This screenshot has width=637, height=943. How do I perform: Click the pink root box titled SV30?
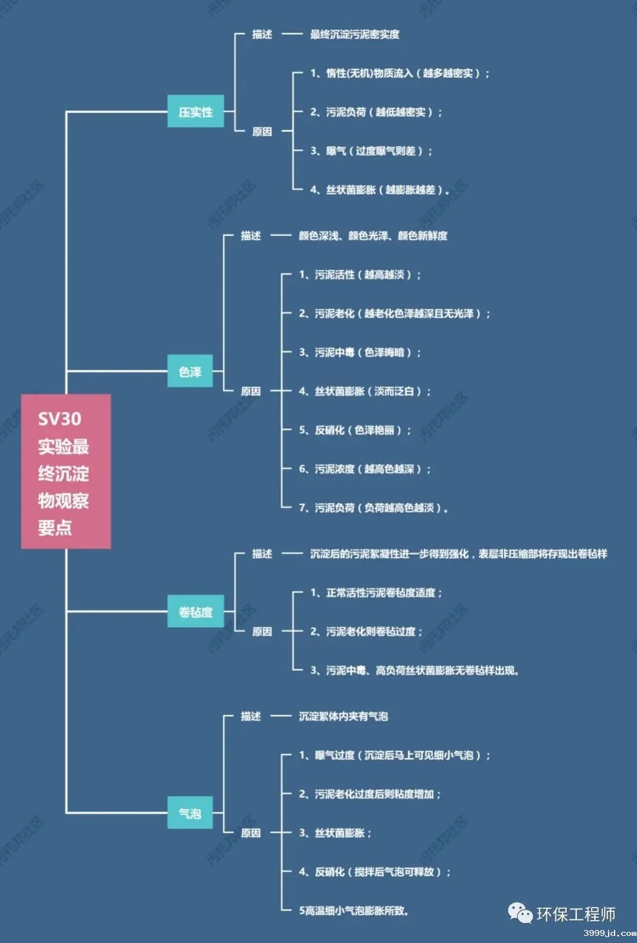click(x=66, y=471)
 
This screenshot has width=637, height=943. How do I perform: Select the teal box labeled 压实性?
click(x=196, y=111)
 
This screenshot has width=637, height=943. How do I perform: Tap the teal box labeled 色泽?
click(x=190, y=371)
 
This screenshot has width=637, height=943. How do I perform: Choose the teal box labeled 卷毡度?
click(x=195, y=612)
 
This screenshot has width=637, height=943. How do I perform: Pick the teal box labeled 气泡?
click(x=190, y=813)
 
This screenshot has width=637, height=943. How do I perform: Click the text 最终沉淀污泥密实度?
click(x=354, y=35)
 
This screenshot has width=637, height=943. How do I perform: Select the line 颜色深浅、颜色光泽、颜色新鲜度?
click(x=373, y=236)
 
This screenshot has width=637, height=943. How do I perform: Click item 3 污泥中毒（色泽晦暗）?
click(x=360, y=352)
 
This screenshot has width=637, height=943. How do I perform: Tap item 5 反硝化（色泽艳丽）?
click(x=354, y=430)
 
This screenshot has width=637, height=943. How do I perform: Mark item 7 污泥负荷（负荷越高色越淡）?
click(x=373, y=508)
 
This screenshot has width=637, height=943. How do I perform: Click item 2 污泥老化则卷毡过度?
click(x=366, y=632)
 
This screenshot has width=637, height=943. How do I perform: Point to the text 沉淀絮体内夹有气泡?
click(x=343, y=717)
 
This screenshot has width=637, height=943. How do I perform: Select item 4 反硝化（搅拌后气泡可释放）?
click(x=375, y=872)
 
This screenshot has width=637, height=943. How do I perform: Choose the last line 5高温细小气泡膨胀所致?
click(x=353, y=911)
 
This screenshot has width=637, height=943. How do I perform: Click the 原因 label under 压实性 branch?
click(x=262, y=131)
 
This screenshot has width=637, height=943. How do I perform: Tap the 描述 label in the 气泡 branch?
click(x=251, y=717)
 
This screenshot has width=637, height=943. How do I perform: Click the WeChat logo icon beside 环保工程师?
click(x=520, y=914)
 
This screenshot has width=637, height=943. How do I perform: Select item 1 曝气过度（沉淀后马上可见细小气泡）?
click(x=394, y=756)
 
